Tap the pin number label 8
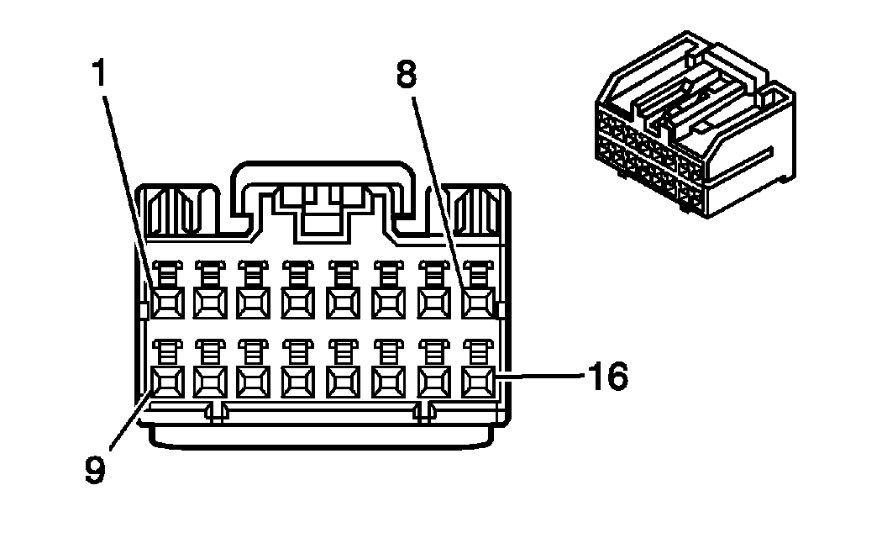(407, 76)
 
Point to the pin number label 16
(607, 377)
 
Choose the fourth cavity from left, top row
(298, 299)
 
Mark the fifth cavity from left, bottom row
(344, 382)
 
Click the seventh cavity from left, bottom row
(433, 382)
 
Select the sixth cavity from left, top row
(388, 299)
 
